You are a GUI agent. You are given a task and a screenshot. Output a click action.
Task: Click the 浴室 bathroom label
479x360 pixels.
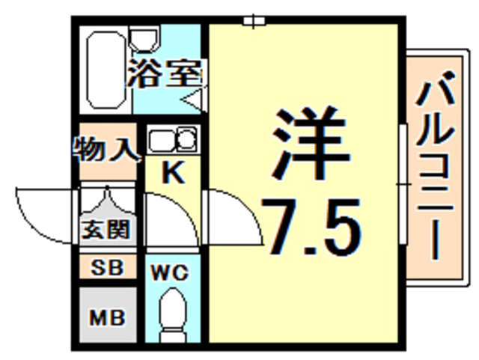[164, 73]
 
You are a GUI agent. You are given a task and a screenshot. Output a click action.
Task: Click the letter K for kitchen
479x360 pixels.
[173, 174]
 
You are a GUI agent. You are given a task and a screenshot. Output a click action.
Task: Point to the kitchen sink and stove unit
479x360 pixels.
[172, 140]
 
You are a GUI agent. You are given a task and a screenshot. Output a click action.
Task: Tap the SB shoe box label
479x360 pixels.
[107, 266]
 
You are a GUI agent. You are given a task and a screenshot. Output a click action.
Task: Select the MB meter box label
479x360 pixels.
[107, 315]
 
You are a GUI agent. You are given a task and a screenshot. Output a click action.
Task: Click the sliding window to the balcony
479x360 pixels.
[402, 183]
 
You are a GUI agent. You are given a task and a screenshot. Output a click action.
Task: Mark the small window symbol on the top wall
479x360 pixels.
[254, 20]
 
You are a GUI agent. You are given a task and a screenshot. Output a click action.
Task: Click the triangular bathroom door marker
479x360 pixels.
[194, 98]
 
